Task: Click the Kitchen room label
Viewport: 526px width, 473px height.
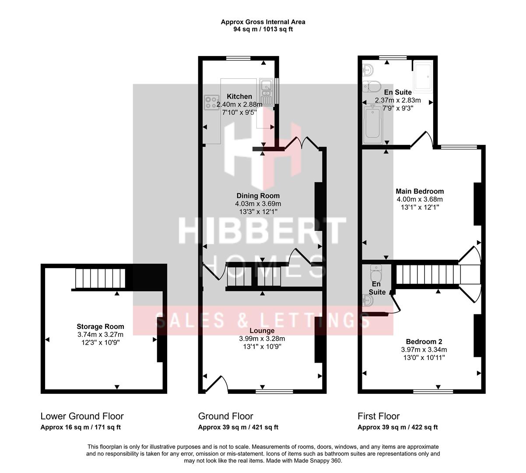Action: (239, 96)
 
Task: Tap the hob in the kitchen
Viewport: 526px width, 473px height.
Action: (211, 102)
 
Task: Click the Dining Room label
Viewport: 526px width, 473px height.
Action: (258, 196)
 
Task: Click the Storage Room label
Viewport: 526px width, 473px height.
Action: (100, 326)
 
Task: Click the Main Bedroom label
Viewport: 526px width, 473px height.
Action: (420, 191)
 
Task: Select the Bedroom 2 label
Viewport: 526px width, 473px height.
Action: (424, 342)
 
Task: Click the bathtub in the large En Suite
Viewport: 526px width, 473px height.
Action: (373, 123)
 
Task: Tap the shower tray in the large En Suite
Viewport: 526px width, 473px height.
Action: (423, 77)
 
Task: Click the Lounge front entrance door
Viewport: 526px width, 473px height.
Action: (216, 384)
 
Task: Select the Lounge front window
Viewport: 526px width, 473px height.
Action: (274, 391)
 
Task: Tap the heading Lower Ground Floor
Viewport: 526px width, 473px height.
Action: (82, 416)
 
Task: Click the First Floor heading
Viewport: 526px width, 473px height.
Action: (379, 416)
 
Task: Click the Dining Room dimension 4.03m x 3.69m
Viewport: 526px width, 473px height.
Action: (258, 204)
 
